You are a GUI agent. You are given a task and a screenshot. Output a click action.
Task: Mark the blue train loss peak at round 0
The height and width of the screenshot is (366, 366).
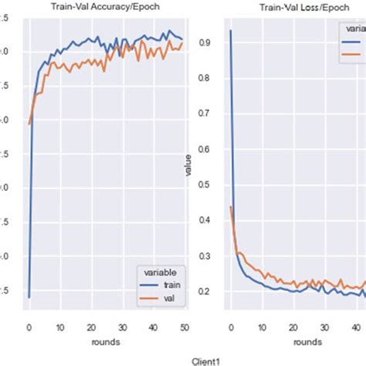pos(230,31)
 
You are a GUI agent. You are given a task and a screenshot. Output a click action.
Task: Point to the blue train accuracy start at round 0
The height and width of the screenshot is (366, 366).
pos(29,297)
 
